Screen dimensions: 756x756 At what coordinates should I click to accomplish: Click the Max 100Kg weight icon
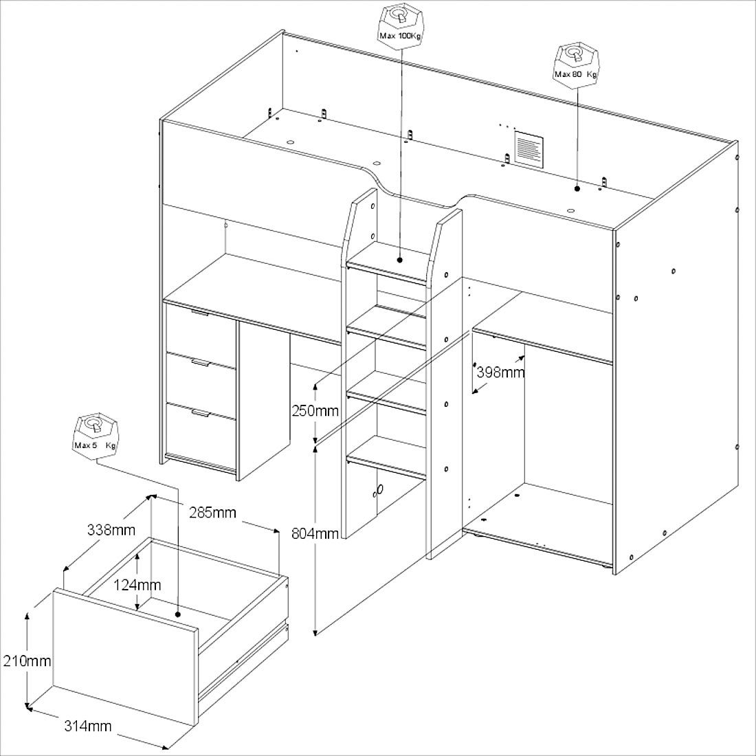pos(400,27)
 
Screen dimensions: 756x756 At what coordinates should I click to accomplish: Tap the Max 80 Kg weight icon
pos(576,65)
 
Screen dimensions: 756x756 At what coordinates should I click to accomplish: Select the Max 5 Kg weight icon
pos(96,436)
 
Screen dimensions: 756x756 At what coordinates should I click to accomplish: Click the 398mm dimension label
pos(500,373)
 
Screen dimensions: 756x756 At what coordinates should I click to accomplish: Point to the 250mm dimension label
pos(315,411)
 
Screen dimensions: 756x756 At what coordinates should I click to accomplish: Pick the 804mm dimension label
pos(315,533)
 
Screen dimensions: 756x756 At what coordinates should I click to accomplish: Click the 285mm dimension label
pos(212,512)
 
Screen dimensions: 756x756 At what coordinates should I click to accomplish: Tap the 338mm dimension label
pos(111,530)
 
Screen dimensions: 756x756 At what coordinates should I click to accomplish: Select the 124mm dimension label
pos(137,585)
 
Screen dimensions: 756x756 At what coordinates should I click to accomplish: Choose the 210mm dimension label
pos(27,660)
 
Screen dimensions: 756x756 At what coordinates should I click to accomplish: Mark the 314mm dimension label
pos(88,726)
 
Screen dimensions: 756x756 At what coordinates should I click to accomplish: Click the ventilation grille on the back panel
pos(529,149)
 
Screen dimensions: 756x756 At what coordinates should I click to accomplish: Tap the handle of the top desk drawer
pos(199,313)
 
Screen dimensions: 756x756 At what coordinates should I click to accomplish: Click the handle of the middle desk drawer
pos(199,363)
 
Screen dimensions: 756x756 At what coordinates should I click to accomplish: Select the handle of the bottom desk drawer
pos(199,413)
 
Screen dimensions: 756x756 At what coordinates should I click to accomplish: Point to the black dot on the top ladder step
pos(400,260)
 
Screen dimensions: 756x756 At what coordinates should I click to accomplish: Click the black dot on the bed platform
pos(577,188)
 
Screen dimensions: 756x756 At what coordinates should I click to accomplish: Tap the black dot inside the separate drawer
pos(178,614)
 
